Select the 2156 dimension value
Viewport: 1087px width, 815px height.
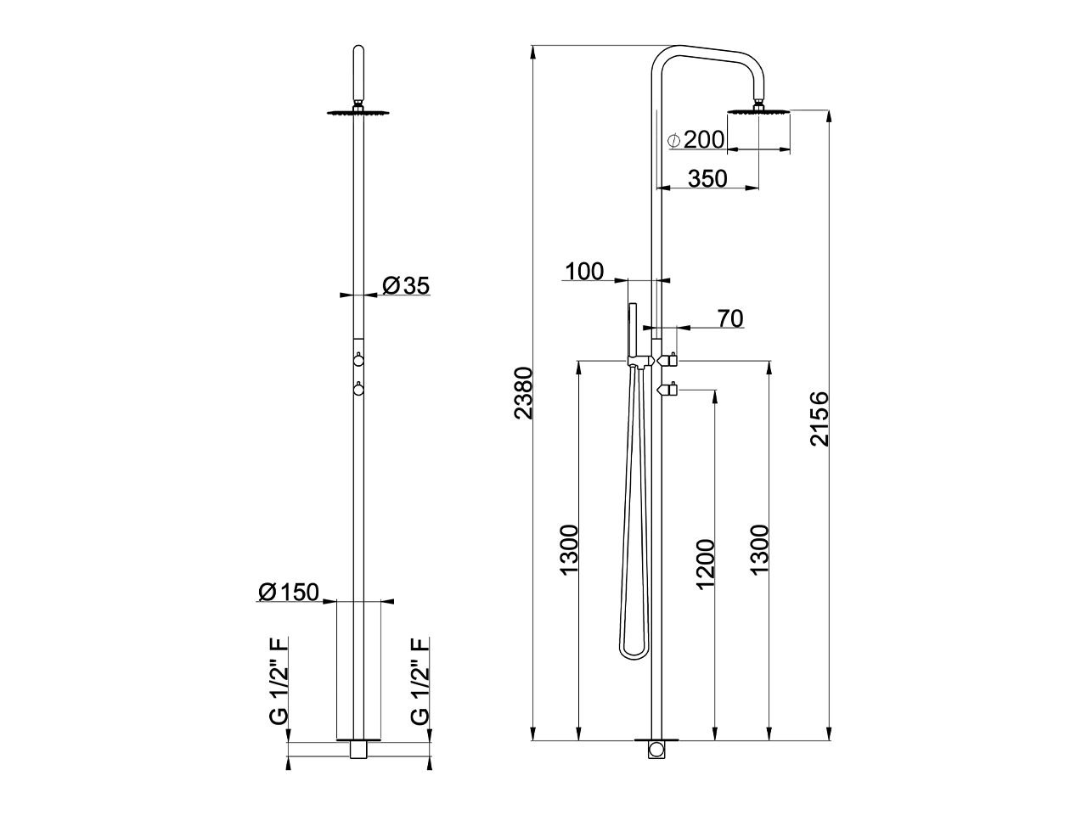click(x=819, y=419)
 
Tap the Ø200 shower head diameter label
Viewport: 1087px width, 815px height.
click(x=696, y=140)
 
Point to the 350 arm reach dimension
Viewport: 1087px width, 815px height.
click(x=707, y=178)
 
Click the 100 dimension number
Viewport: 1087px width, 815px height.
click(x=584, y=272)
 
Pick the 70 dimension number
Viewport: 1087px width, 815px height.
click(x=730, y=318)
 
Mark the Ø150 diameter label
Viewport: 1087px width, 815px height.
click(x=288, y=593)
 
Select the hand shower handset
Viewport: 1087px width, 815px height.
click(x=632, y=331)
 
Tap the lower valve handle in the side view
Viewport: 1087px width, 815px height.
click(x=668, y=390)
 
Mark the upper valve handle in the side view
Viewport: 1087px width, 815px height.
click(x=668, y=360)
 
